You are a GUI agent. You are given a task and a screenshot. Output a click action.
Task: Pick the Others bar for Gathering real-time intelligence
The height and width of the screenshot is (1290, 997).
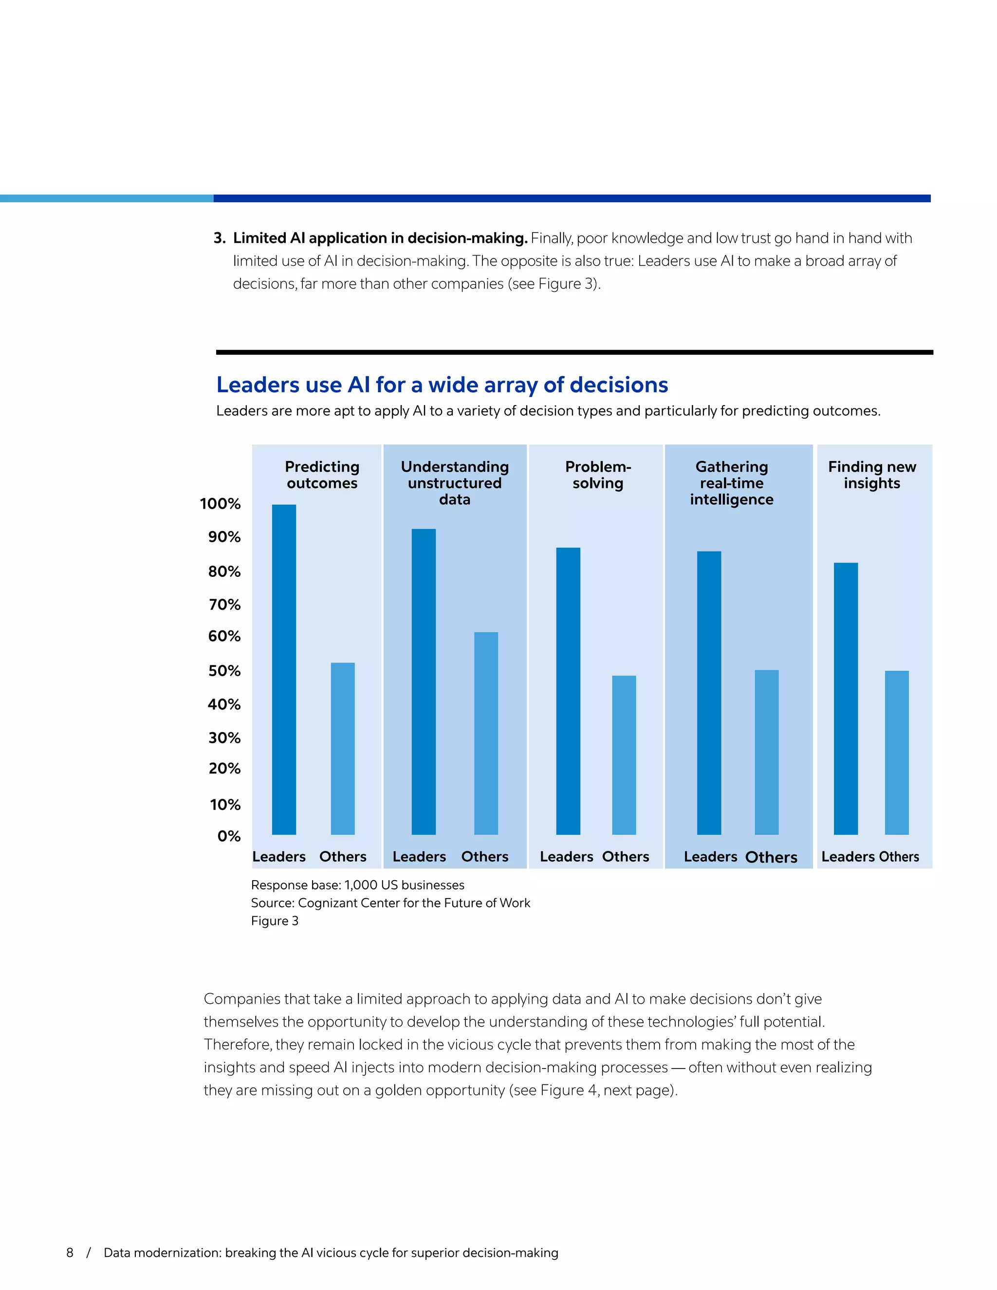[766, 752]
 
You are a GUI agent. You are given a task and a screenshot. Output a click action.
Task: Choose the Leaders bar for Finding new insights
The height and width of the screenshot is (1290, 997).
[845, 698]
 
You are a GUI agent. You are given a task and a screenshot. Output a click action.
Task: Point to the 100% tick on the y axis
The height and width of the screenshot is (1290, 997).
[221, 504]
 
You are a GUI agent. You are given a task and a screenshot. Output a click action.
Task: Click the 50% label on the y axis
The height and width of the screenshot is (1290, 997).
[224, 671]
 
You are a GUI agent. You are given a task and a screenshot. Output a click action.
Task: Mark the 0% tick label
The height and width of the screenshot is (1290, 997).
[229, 836]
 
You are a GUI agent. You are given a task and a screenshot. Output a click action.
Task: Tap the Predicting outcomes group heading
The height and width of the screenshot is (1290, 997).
[322, 475]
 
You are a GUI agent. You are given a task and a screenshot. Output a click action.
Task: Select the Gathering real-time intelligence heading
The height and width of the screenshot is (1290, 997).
[731, 483]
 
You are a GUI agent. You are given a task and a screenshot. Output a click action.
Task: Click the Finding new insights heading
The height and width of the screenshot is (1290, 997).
[872, 475]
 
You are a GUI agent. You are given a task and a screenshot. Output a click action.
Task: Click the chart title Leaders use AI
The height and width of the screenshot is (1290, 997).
[442, 385]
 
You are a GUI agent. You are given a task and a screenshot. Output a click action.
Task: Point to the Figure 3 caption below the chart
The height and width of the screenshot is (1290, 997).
[275, 921]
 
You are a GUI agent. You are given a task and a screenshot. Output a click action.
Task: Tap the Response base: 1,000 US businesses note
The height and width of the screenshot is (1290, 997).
[357, 885]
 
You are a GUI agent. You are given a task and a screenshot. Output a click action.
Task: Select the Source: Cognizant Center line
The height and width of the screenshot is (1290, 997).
[390, 903]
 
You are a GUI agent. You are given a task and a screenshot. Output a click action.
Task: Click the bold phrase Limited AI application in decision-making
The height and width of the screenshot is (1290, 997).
[380, 238]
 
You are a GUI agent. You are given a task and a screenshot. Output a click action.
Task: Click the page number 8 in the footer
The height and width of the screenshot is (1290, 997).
[70, 1253]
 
